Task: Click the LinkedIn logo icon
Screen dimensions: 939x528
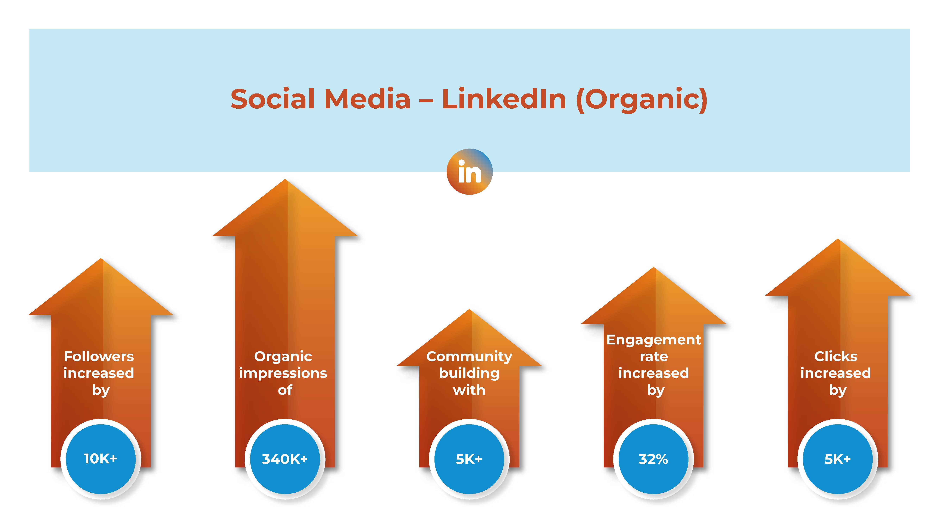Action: coord(469,172)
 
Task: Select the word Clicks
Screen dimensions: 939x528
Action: coord(836,356)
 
